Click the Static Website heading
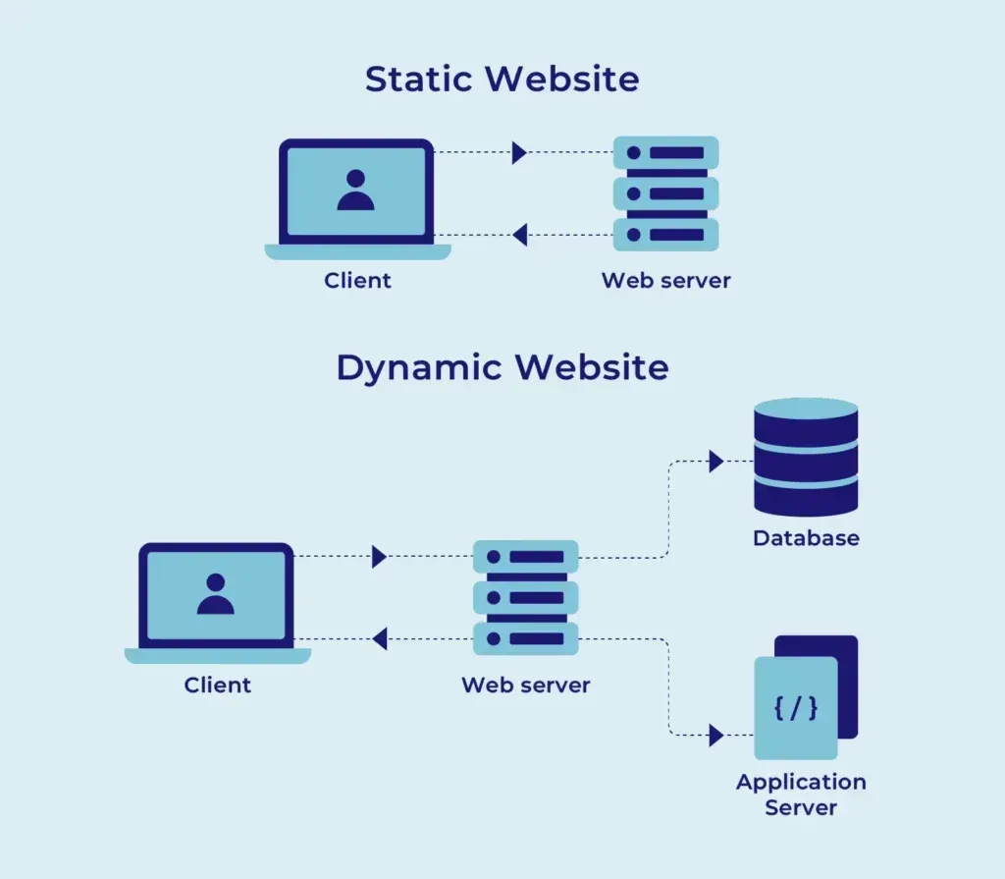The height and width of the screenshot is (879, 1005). (502, 79)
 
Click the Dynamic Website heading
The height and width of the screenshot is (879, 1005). (502, 367)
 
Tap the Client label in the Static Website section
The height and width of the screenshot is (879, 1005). (357, 281)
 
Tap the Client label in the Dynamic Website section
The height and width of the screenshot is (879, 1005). (217, 685)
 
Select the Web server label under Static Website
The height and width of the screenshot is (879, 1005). (665, 281)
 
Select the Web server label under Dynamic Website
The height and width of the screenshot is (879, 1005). (525, 685)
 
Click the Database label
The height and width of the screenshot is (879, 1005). (806, 538)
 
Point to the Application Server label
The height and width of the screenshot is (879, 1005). (801, 795)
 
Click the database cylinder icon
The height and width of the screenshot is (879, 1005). (806, 457)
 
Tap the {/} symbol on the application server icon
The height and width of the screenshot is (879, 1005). (795, 708)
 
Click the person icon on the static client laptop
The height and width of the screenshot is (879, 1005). (355, 191)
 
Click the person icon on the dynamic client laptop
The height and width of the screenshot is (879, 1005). (215, 594)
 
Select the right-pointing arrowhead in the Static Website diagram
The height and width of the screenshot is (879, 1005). (519, 152)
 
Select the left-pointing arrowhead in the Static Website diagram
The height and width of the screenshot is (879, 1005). (519, 235)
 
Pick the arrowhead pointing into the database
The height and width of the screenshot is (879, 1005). (715, 462)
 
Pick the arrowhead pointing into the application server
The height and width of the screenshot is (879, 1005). (715, 735)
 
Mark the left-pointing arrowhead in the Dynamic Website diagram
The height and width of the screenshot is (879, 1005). (379, 639)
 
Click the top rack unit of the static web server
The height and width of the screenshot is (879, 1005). (665, 153)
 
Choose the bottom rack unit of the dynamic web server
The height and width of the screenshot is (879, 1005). (525, 638)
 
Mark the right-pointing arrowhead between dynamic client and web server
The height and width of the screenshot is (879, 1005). (379, 557)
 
